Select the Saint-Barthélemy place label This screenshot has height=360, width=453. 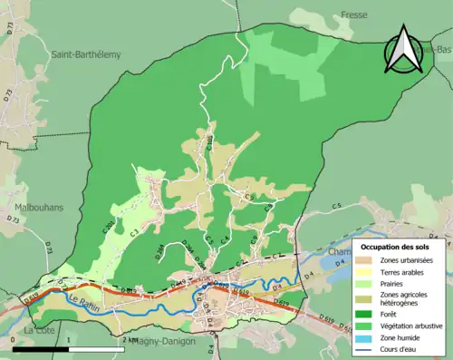pyautogui.click(x=86, y=54)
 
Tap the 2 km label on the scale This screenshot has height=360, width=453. pyautogui.click(x=130, y=339)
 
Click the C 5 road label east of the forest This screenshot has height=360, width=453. pyautogui.click(x=334, y=208)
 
